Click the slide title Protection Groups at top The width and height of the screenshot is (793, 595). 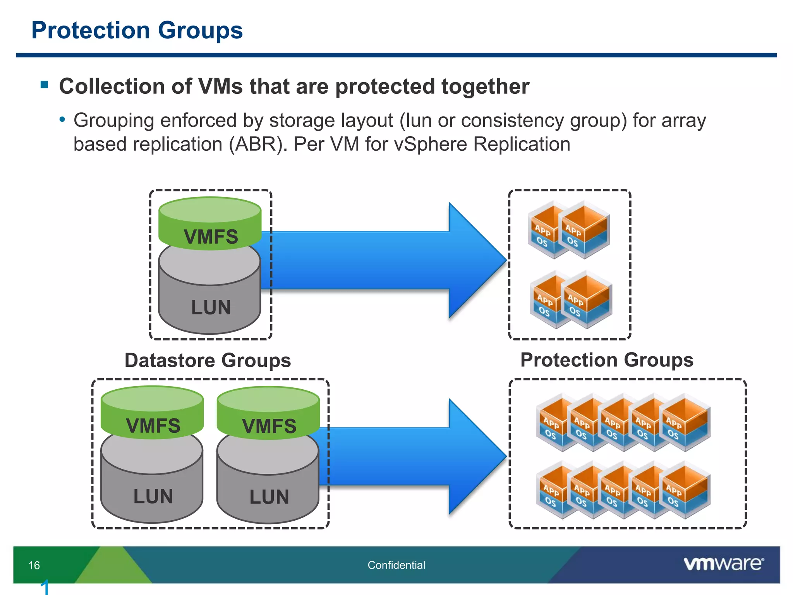click(x=137, y=30)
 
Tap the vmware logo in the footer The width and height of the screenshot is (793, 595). click(x=723, y=564)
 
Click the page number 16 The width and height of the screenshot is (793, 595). click(x=34, y=565)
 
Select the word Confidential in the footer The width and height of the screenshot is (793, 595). click(x=396, y=565)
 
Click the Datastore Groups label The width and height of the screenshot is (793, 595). click(x=208, y=360)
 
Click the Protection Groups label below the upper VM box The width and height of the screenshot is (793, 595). click(x=606, y=360)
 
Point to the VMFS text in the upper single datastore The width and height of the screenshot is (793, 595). click(x=211, y=237)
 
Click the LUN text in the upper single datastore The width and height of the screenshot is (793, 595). click(x=211, y=308)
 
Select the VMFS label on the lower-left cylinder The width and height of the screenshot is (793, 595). click(x=153, y=426)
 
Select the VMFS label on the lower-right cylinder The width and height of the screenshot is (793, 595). click(x=269, y=426)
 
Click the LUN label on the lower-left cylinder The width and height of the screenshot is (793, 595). click(x=153, y=497)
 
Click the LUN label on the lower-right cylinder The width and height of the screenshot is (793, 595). click(x=269, y=497)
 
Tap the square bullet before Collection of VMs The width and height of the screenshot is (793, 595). click(x=44, y=84)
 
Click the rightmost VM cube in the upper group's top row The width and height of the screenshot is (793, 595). click(x=586, y=230)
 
